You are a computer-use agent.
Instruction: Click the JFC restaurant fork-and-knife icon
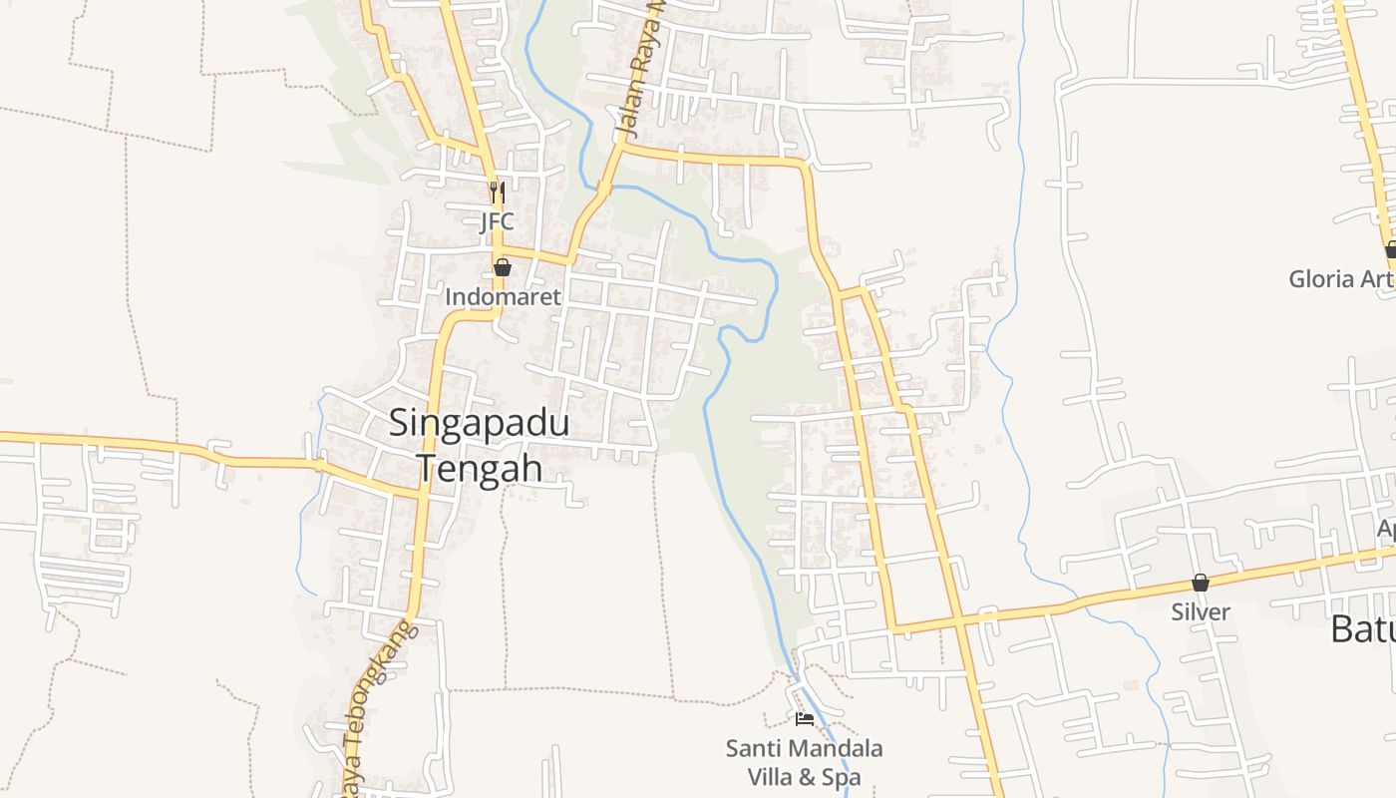497,192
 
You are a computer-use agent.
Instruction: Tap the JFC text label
497,221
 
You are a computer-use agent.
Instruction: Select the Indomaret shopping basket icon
503,267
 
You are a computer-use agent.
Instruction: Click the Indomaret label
503,297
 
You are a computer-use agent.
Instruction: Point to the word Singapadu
479,423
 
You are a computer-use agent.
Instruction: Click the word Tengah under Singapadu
479,468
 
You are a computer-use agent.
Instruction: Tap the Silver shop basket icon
1201,583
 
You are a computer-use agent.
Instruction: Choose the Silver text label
1201,611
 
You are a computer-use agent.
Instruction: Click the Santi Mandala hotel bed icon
805,718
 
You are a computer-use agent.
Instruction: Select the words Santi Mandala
804,748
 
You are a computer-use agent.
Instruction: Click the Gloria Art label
1340,278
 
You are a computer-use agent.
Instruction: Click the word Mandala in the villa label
835,748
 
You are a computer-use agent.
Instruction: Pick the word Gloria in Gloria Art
1321,278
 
